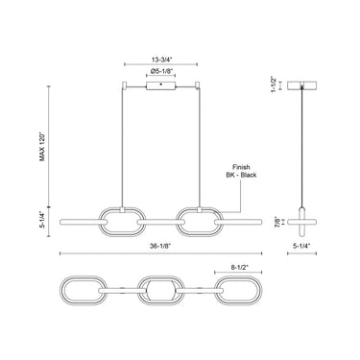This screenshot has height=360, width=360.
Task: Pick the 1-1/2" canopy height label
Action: point(276,93)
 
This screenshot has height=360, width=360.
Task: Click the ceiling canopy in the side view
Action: point(304,84)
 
